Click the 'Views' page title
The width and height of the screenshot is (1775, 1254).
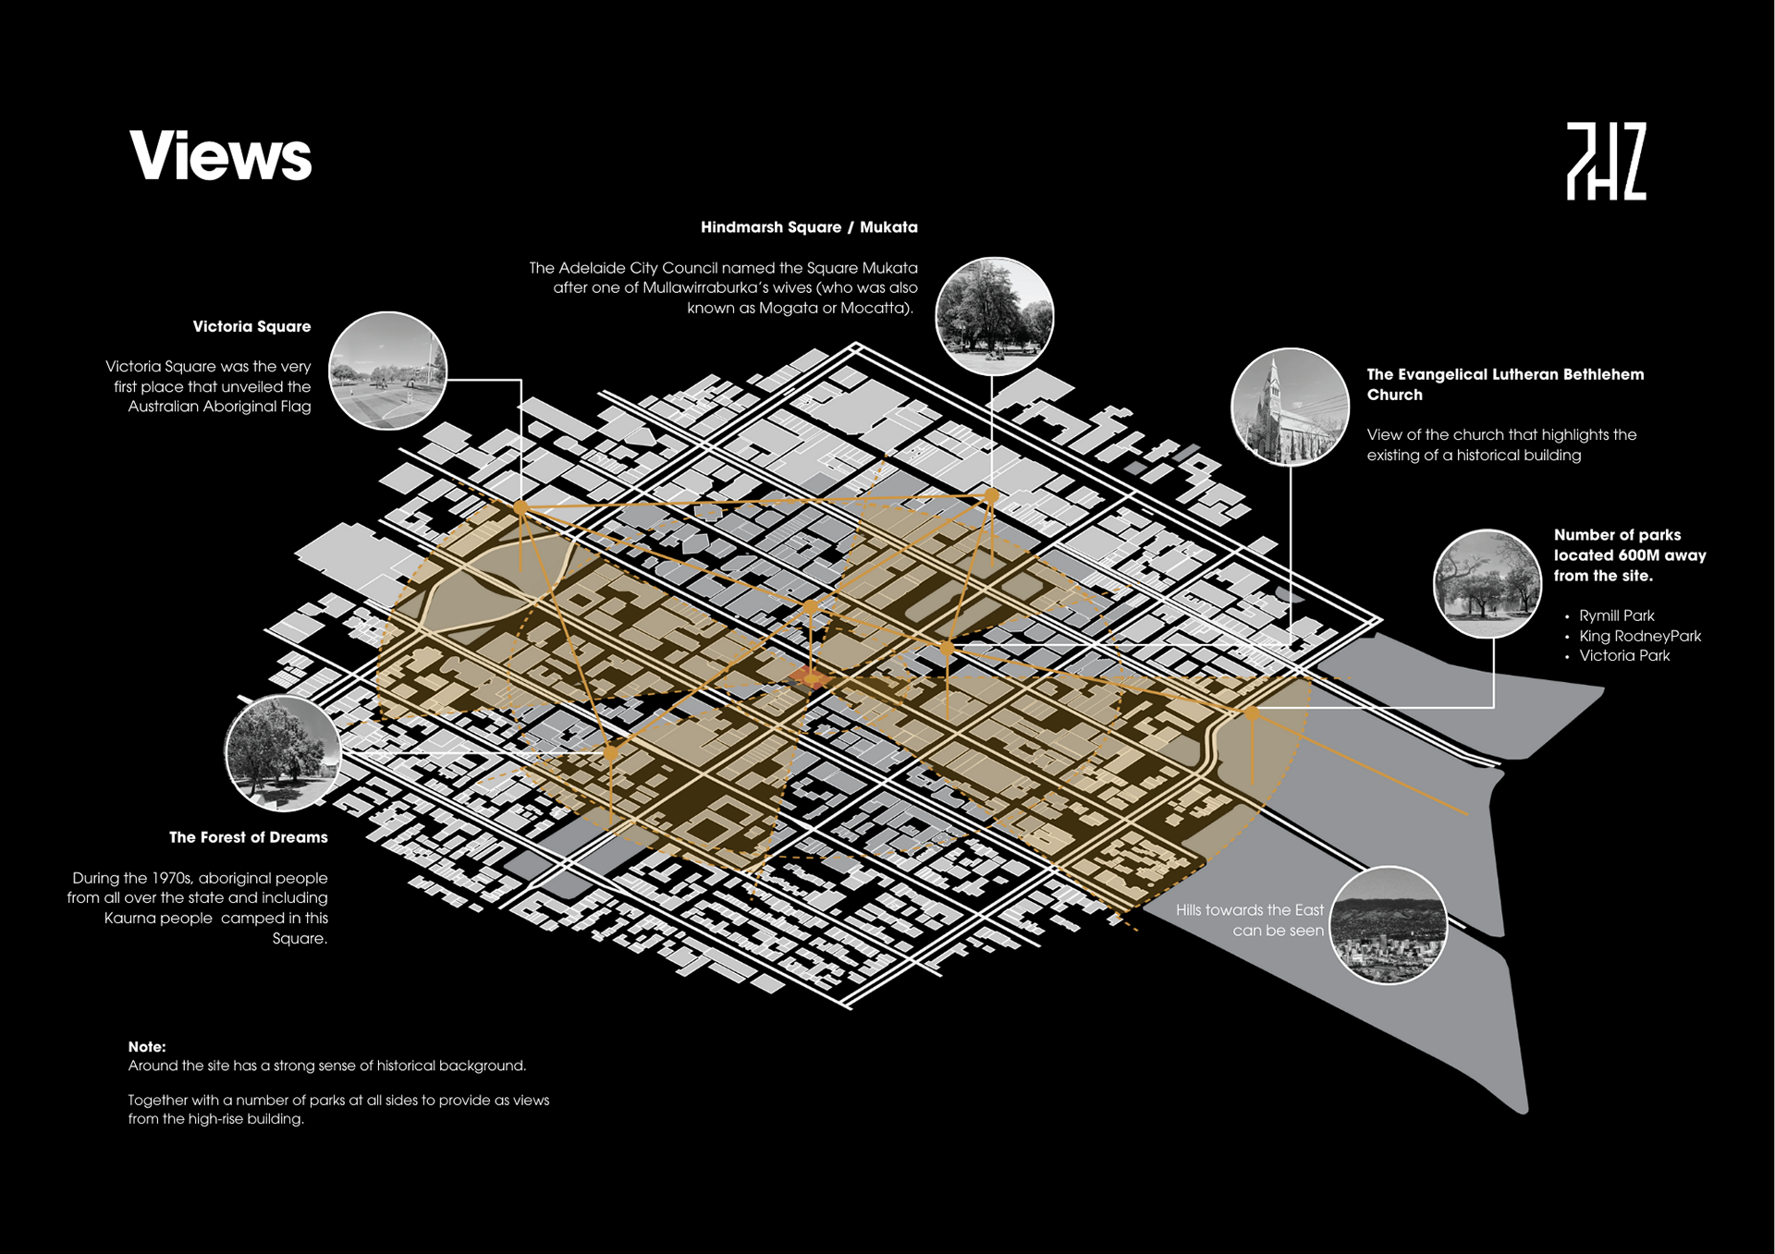click(x=221, y=155)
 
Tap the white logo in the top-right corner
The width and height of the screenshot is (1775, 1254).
click(x=1606, y=161)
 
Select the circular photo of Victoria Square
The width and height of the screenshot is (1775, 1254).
click(x=388, y=371)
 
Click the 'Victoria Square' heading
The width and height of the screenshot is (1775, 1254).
click(x=251, y=326)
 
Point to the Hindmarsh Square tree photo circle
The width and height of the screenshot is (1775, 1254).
click(x=994, y=316)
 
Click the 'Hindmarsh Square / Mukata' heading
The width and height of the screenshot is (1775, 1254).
click(x=808, y=227)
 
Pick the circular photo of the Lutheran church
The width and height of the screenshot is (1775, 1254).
click(x=1290, y=407)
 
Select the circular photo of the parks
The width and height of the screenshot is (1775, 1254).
click(x=1487, y=583)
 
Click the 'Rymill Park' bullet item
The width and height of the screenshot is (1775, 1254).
click(x=1616, y=615)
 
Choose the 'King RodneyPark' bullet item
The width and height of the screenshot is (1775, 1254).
click(x=1639, y=636)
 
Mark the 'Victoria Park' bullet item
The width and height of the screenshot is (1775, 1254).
click(x=1623, y=656)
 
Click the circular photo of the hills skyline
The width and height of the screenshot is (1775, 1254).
click(x=1388, y=925)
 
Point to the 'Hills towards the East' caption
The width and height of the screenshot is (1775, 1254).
click(x=1249, y=910)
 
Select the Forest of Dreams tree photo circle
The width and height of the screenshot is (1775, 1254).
click(x=284, y=753)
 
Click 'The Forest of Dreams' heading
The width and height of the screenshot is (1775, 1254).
click(x=248, y=837)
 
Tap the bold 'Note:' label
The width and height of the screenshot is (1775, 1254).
click(x=147, y=1047)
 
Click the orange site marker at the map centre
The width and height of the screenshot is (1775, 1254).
click(x=811, y=678)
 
